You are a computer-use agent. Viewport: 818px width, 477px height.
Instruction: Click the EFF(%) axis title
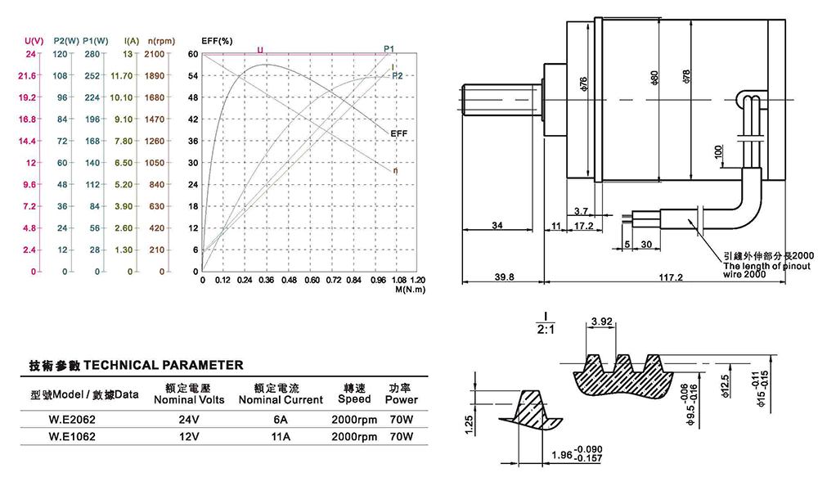pyautogui.click(x=217, y=40)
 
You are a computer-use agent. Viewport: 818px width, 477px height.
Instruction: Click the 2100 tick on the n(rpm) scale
pyautogui.click(x=154, y=54)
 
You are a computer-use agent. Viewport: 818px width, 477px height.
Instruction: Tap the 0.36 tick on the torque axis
pyautogui.click(x=266, y=280)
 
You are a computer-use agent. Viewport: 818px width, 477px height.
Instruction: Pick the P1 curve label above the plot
pyautogui.click(x=389, y=49)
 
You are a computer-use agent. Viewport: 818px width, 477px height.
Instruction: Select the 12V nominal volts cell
pyautogui.click(x=188, y=437)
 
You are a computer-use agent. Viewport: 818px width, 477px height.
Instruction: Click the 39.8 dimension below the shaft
pyautogui.click(x=505, y=277)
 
